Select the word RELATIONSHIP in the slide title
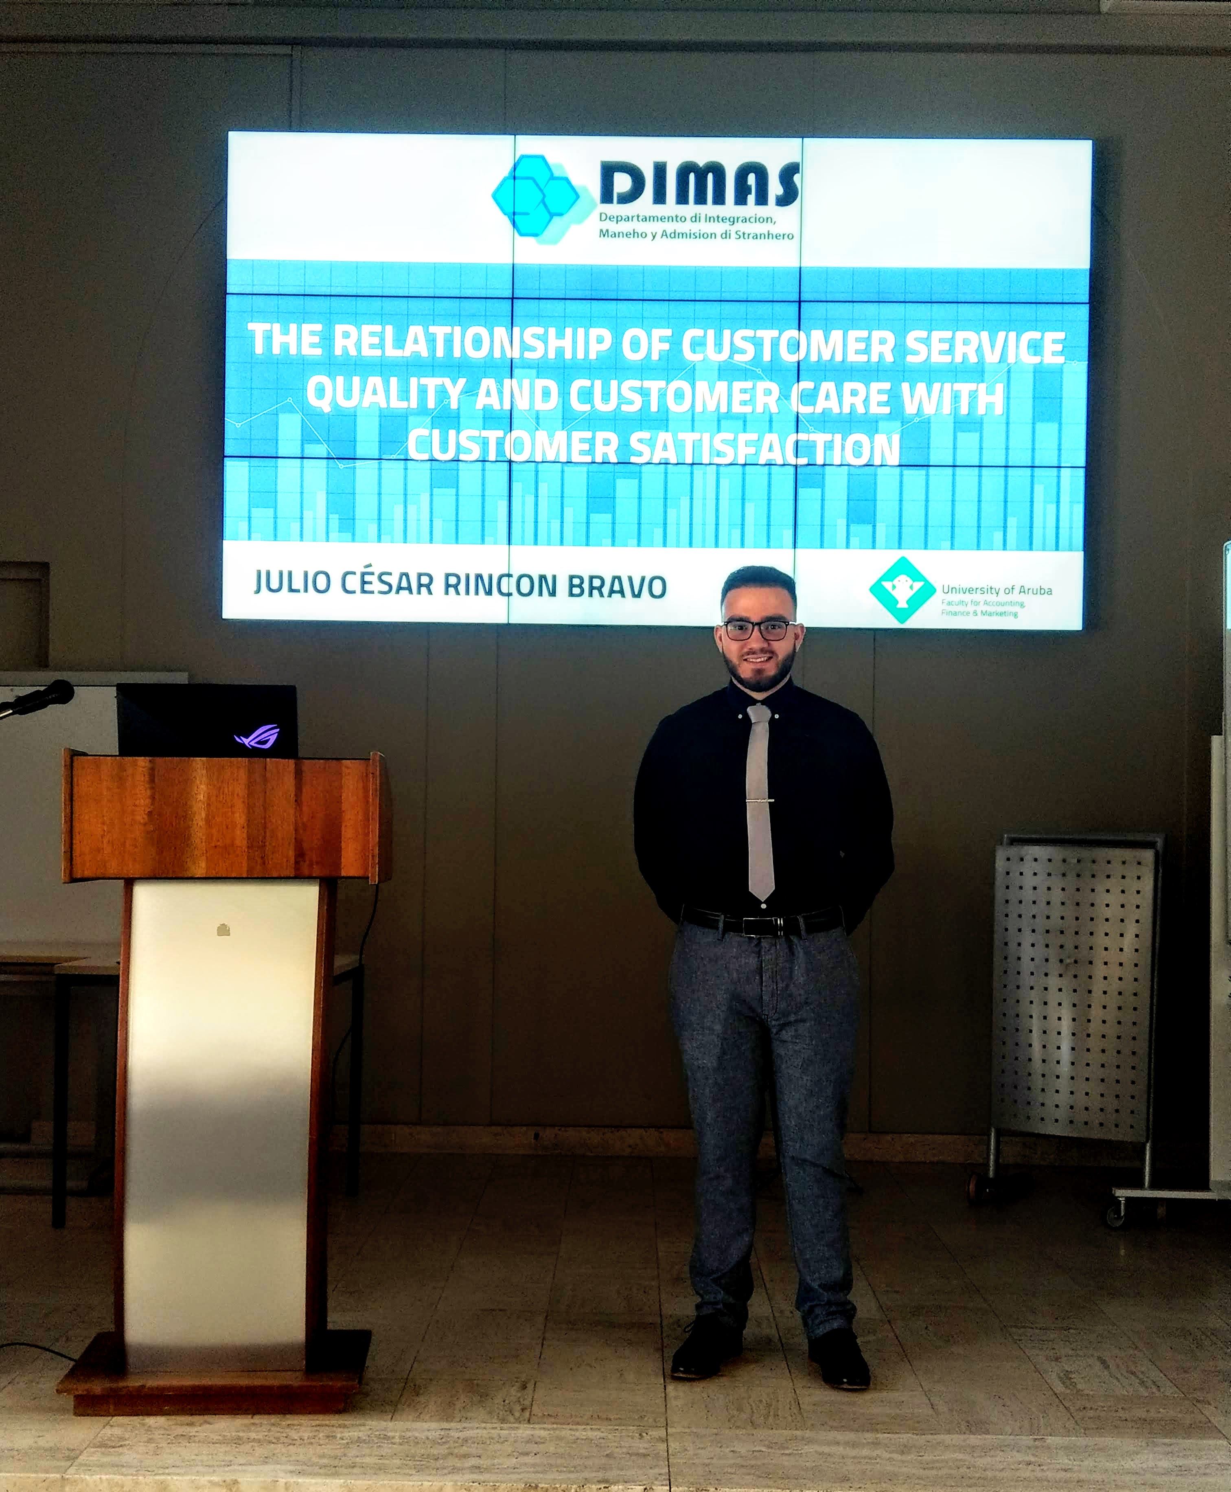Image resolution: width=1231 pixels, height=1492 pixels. click(472, 341)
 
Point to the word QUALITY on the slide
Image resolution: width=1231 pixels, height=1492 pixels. click(386, 394)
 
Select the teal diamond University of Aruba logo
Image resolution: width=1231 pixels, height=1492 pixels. click(902, 590)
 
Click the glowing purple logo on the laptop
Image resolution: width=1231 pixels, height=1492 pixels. click(257, 737)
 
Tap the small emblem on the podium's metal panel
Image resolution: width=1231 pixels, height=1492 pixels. click(223, 930)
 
